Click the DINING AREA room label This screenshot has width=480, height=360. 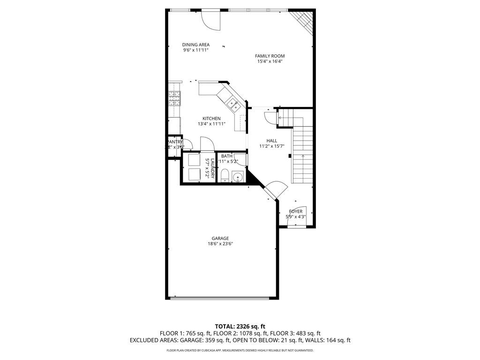(196, 45)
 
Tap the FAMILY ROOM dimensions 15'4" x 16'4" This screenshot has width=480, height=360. (270, 61)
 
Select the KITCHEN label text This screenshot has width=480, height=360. (211, 119)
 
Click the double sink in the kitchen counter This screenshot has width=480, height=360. (233, 104)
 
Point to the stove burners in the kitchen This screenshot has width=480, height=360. (175, 98)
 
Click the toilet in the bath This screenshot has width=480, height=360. (225, 176)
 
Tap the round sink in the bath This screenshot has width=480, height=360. (238, 177)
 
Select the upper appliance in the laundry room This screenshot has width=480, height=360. (194, 160)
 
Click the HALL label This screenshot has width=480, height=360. (271, 141)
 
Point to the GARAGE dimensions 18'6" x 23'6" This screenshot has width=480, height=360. (220, 244)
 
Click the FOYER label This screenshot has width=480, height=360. (295, 211)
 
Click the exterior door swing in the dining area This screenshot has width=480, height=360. (210, 20)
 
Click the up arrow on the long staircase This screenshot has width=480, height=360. (303, 156)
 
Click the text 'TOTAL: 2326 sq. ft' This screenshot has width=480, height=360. (240, 326)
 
